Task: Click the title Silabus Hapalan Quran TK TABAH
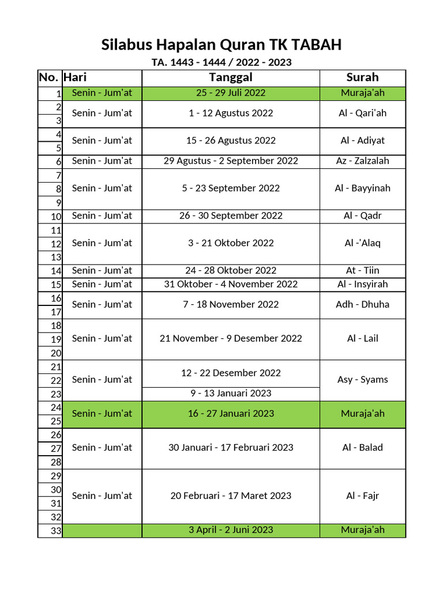(221, 44)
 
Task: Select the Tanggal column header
(231, 77)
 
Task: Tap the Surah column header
(362, 77)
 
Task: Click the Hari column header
(76, 77)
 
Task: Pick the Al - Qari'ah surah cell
(362, 113)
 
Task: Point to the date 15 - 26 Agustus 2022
(231, 140)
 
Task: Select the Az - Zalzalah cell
(362, 161)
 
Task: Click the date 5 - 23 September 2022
(231, 188)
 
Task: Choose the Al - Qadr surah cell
(362, 215)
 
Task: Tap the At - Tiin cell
(362, 270)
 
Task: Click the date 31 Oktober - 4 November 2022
(231, 284)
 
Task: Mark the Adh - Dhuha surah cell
(362, 304)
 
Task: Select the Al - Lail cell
(362, 338)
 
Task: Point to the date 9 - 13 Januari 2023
(231, 394)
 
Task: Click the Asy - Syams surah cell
(362, 379)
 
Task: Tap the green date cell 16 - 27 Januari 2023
(231, 413)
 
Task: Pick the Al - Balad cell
(362, 447)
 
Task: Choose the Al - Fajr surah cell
(362, 496)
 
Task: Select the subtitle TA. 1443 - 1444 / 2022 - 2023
(221, 62)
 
